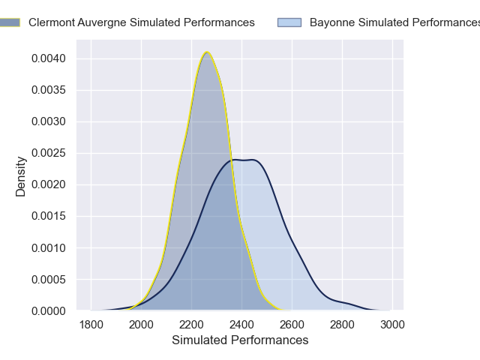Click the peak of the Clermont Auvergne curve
pos(207,52)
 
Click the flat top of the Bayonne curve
pos(244,160)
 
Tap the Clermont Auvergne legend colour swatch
pos(10,22)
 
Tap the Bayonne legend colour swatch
pos(289,22)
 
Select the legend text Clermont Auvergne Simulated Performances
pos(142,22)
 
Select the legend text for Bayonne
pos(394,22)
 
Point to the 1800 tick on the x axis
pos(91,325)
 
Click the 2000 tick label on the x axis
pos(141,325)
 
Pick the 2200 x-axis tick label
pos(191,325)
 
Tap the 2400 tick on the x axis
pos(241,325)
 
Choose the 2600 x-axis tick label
pos(292,325)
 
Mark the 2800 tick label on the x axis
pos(342,325)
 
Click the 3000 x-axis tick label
pos(392,325)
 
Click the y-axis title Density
pos(21,176)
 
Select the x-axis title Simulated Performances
pos(240,340)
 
